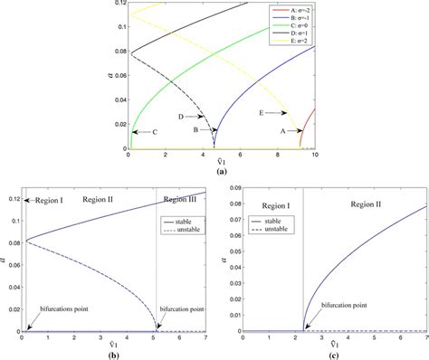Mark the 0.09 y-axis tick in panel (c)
[233, 186]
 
